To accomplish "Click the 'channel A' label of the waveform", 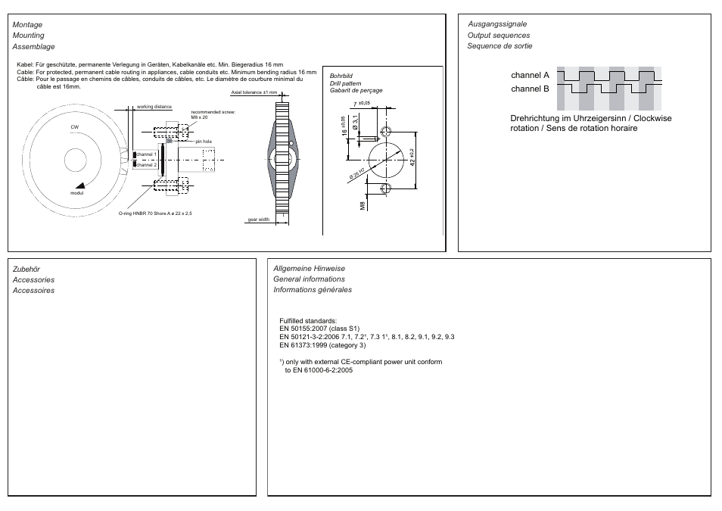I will [529, 76].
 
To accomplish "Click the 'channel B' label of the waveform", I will [529, 89].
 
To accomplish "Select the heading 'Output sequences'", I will [499, 36].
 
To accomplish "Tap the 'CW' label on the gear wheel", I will [75, 127].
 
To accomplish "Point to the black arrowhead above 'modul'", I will [80, 185].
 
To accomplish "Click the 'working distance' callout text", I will [154, 107].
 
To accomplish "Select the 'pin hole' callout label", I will [204, 142].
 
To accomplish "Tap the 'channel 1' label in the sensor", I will [147, 154].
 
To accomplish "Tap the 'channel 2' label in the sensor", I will [147, 164].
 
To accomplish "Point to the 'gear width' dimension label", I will [259, 220].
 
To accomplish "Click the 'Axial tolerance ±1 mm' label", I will [254, 92].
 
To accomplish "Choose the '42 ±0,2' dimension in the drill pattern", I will [413, 157].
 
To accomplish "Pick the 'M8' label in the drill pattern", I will [363, 205].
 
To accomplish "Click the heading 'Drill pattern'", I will [345, 83].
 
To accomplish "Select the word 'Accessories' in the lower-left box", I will [33, 279].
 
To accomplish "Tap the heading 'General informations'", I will [309, 279].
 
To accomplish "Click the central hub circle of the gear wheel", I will [76, 160].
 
